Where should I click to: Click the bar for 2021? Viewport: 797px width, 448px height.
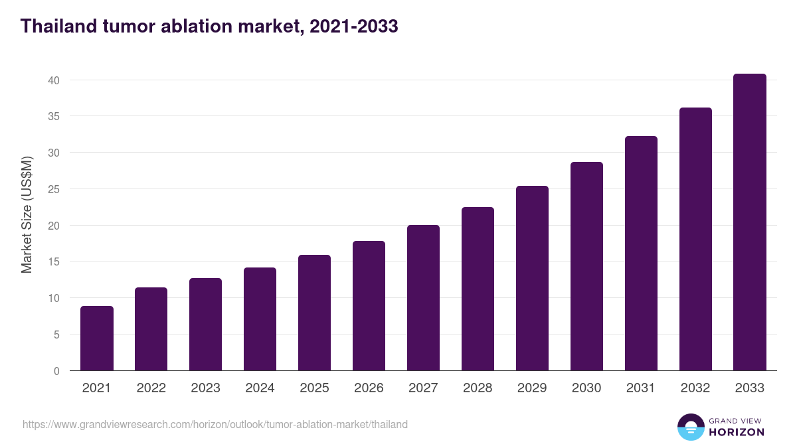coord(97,338)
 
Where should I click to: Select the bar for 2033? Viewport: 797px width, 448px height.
coord(750,222)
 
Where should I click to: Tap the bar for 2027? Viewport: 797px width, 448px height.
coord(423,298)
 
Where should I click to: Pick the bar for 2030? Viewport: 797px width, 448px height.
coord(586,266)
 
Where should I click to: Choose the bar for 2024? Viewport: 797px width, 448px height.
coord(260,319)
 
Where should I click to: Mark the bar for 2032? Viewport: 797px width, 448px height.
coord(695,239)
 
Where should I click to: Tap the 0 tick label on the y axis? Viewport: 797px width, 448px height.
coord(56,371)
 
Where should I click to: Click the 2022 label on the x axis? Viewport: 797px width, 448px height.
coord(151,388)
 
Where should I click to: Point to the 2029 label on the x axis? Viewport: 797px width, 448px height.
coord(532,388)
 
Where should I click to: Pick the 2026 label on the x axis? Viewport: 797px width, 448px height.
coord(369,388)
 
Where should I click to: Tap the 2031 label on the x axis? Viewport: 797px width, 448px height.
coord(641,388)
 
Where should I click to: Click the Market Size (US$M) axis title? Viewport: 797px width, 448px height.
coord(27,214)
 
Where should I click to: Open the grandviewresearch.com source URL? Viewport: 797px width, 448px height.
coord(215,424)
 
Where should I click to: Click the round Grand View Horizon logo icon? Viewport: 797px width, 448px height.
coord(690,427)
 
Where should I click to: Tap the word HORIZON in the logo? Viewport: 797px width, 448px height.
coord(737,432)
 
